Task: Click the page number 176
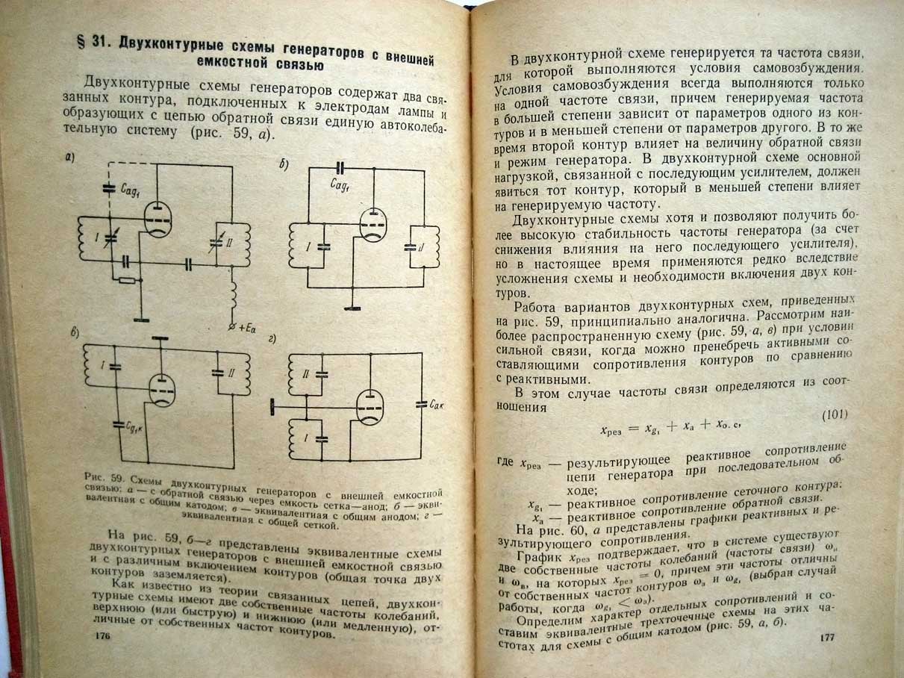click(102, 636)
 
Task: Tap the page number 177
click(827, 638)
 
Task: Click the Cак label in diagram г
click(436, 405)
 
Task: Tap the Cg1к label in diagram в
click(134, 429)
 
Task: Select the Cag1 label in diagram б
click(340, 185)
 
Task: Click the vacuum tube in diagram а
click(158, 219)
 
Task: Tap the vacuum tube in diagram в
click(161, 390)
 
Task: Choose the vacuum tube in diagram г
click(370, 407)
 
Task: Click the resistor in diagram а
click(126, 280)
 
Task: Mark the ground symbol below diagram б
click(352, 308)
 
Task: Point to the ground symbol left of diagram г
click(272, 407)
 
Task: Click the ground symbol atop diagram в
click(160, 338)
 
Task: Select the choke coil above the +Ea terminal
click(233, 294)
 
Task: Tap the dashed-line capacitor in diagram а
click(109, 189)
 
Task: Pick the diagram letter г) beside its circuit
click(272, 340)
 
